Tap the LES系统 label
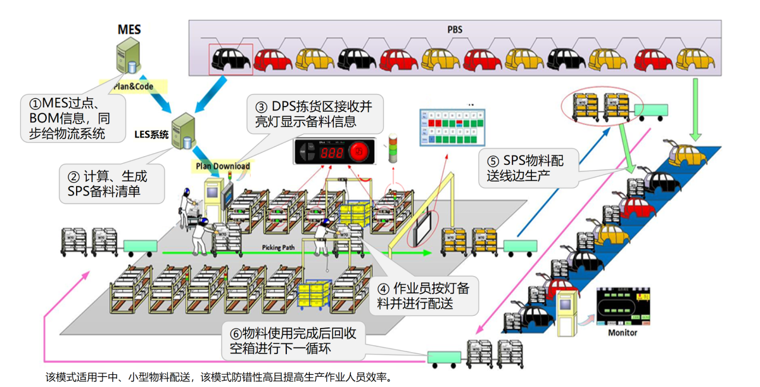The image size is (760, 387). click(x=152, y=134)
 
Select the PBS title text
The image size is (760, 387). click(x=454, y=29)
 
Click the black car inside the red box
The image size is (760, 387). click(x=231, y=59)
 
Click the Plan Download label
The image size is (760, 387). click(x=222, y=166)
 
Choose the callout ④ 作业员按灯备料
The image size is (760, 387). click(x=423, y=296)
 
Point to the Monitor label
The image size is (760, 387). click(x=623, y=332)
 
